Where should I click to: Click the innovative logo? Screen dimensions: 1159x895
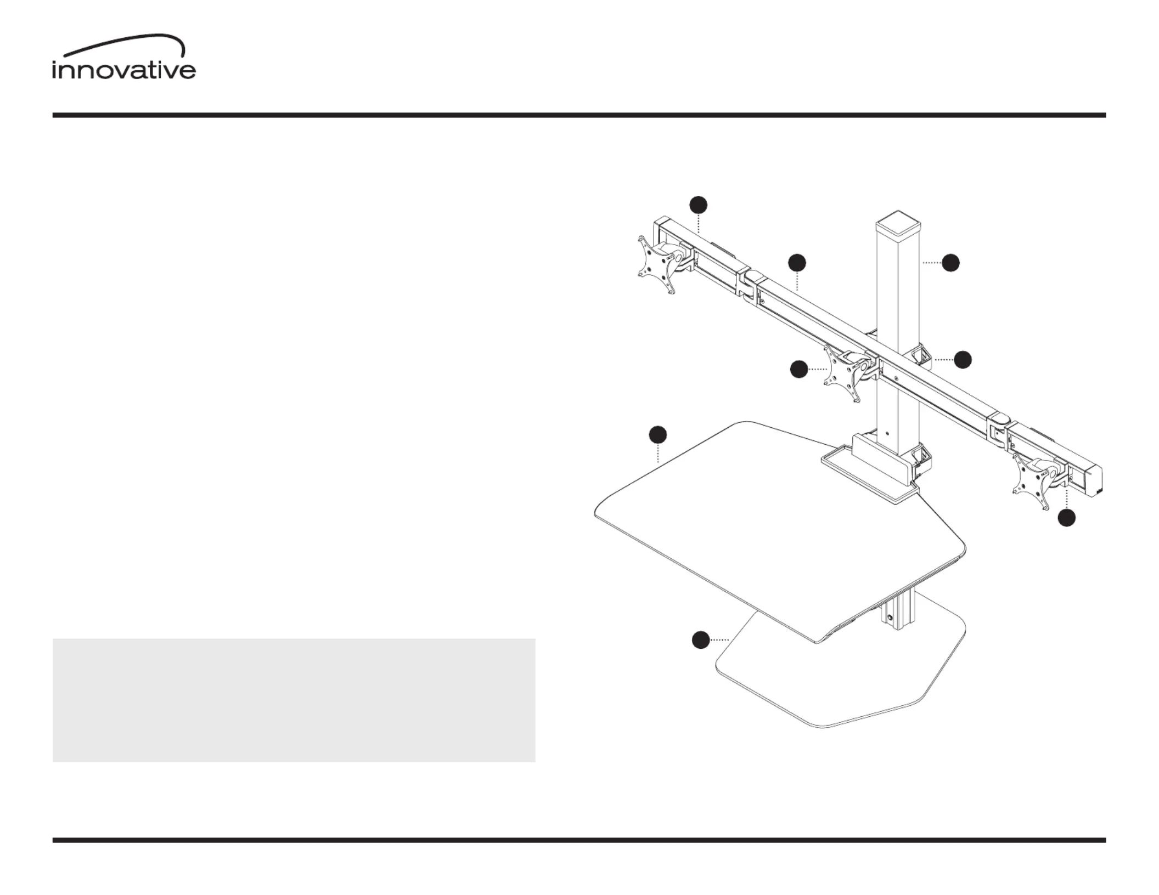(x=124, y=57)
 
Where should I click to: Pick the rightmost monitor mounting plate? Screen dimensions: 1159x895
(x=1032, y=480)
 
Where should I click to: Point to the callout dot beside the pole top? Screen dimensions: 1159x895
(x=951, y=263)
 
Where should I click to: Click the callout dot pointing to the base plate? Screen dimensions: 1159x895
(x=700, y=640)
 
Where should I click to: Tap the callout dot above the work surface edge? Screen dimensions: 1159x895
(x=658, y=434)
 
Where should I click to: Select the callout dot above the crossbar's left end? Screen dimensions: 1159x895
(x=698, y=205)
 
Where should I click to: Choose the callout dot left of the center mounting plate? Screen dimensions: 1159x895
(x=799, y=369)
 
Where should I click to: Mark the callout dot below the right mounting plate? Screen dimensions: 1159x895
(x=1067, y=518)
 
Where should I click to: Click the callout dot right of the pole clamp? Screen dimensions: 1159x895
(x=963, y=360)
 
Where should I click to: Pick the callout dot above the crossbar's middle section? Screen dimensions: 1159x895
(x=797, y=263)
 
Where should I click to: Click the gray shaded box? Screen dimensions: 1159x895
(x=294, y=700)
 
